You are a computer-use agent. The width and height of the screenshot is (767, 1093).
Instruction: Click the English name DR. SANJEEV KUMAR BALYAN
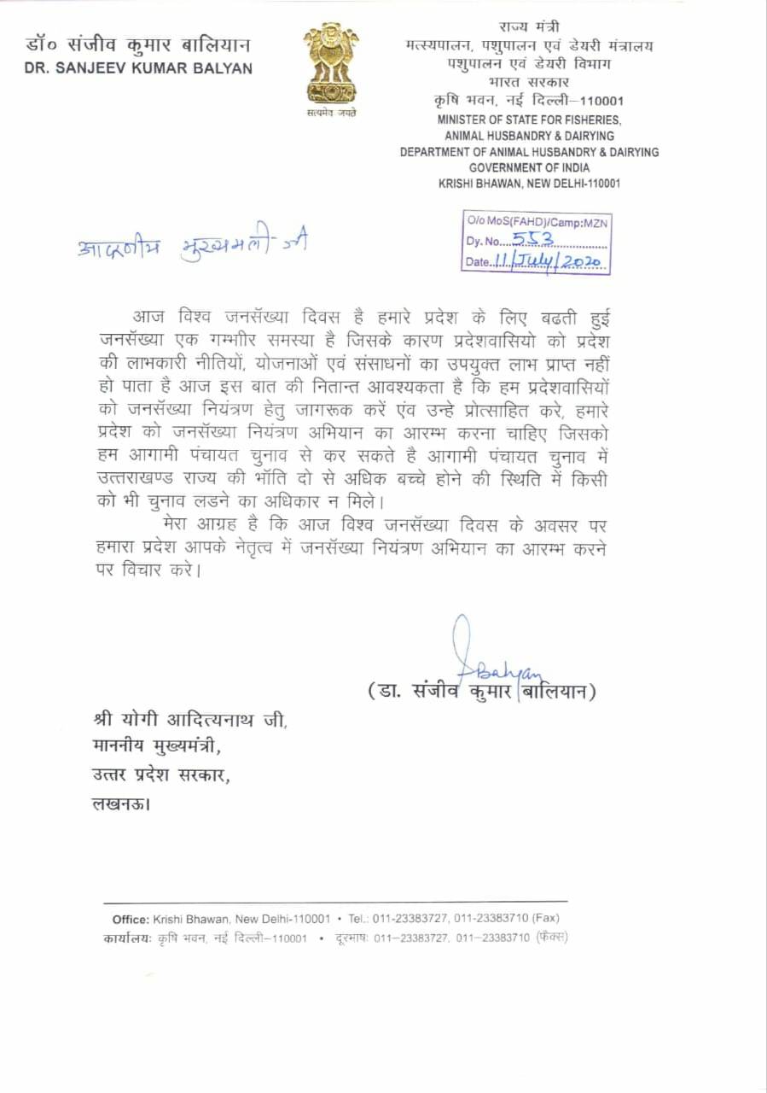pyautogui.click(x=139, y=68)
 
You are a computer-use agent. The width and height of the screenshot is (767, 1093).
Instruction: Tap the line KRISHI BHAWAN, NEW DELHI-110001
pyautogui.click(x=529, y=184)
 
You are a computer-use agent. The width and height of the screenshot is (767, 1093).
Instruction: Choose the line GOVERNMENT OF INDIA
pyautogui.click(x=530, y=168)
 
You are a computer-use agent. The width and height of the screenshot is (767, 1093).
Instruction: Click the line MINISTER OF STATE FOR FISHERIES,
pyautogui.click(x=530, y=120)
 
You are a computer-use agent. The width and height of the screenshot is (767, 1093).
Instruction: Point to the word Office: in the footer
pyautogui.click(x=131, y=919)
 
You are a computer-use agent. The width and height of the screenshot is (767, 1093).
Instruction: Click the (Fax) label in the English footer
pyautogui.click(x=545, y=919)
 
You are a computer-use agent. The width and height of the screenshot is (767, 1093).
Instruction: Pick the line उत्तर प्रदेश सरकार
pyautogui.click(x=161, y=776)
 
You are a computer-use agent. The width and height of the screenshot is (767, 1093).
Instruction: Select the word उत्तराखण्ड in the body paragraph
pyautogui.click(x=145, y=481)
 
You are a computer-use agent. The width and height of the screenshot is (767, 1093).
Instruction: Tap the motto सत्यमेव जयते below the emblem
pyautogui.click(x=331, y=113)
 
